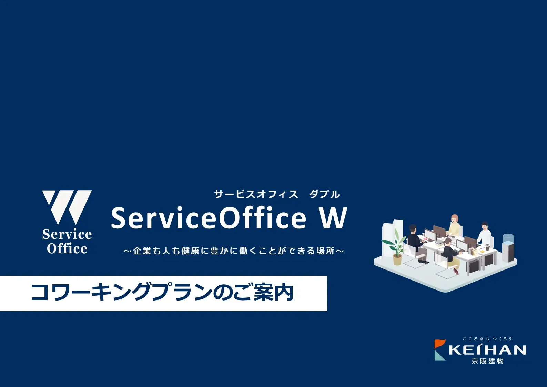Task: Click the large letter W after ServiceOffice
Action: (x=332, y=218)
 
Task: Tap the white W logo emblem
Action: (x=67, y=207)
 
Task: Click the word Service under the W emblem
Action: (x=67, y=234)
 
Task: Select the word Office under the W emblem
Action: (x=67, y=248)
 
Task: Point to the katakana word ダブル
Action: (x=325, y=195)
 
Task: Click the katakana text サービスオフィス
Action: (x=256, y=195)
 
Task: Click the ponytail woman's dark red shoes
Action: (x=456, y=271)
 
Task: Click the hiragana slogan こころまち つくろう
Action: (x=487, y=339)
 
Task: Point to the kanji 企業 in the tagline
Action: (x=142, y=251)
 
